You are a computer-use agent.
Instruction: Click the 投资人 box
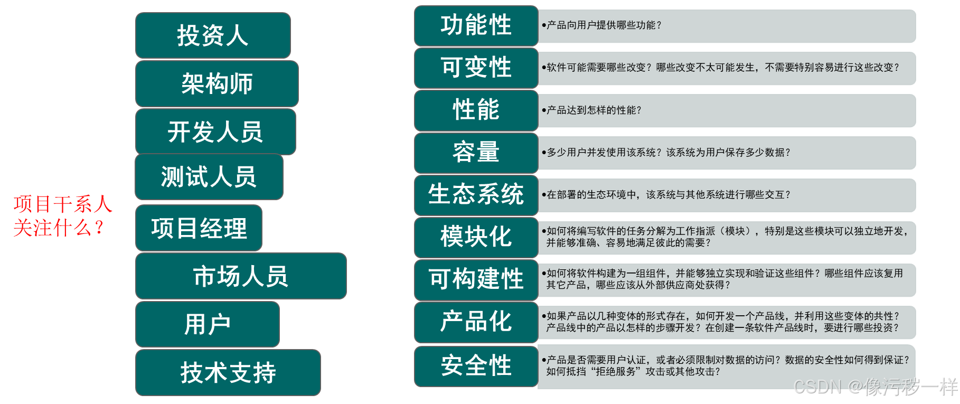[x=213, y=35]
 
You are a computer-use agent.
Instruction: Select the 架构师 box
[x=217, y=83]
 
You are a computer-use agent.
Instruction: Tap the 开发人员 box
[x=215, y=131]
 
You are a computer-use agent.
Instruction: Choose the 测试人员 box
[x=209, y=176]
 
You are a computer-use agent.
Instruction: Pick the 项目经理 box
[x=199, y=228]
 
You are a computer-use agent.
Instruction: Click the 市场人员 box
[x=240, y=276]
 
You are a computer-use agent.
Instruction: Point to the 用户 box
[x=207, y=324]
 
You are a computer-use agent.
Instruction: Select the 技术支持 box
[x=228, y=372]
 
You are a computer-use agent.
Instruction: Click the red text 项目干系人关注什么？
[x=62, y=216]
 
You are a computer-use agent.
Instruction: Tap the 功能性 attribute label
[x=476, y=25]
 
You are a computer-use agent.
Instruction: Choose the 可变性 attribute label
[x=476, y=68]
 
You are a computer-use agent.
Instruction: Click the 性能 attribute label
[x=476, y=110]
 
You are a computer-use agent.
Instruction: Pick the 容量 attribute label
[x=476, y=153]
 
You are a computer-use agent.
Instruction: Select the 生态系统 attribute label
[x=476, y=194]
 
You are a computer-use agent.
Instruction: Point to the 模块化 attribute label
[x=476, y=237]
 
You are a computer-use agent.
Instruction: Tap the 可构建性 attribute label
[x=476, y=279]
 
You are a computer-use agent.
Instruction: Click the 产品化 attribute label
[x=476, y=322]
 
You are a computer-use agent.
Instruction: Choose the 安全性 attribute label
[x=476, y=366]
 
